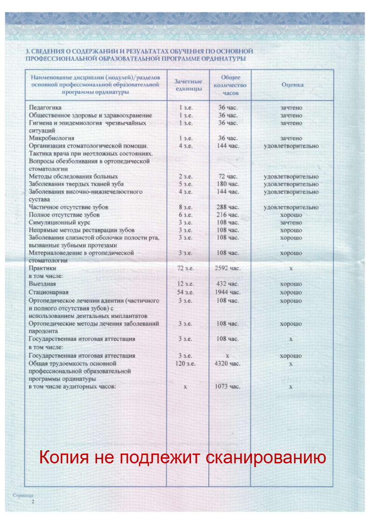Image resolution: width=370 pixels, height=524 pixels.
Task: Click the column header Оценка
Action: pos(293,85)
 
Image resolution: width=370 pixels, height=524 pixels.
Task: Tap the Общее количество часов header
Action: pos(230,85)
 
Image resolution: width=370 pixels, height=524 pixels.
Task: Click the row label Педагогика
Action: pos(45,108)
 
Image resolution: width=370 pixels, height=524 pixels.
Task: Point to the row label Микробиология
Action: pos(52,139)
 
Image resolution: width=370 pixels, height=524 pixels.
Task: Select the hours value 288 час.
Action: pos(228,207)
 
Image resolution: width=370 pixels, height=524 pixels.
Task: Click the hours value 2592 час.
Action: pos(228,269)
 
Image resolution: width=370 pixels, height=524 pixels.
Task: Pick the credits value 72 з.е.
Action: pos(186,269)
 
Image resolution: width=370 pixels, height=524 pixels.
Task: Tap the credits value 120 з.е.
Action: pos(186,363)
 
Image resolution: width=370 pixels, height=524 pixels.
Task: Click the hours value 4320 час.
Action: pos(228,363)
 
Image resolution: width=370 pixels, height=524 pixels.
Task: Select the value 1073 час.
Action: pos(228,387)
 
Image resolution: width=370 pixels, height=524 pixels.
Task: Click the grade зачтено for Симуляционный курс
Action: pos(291,223)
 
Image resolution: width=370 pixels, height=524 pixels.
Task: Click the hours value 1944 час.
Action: pos(228,292)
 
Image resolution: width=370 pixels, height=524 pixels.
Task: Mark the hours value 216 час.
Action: pos(228,215)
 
